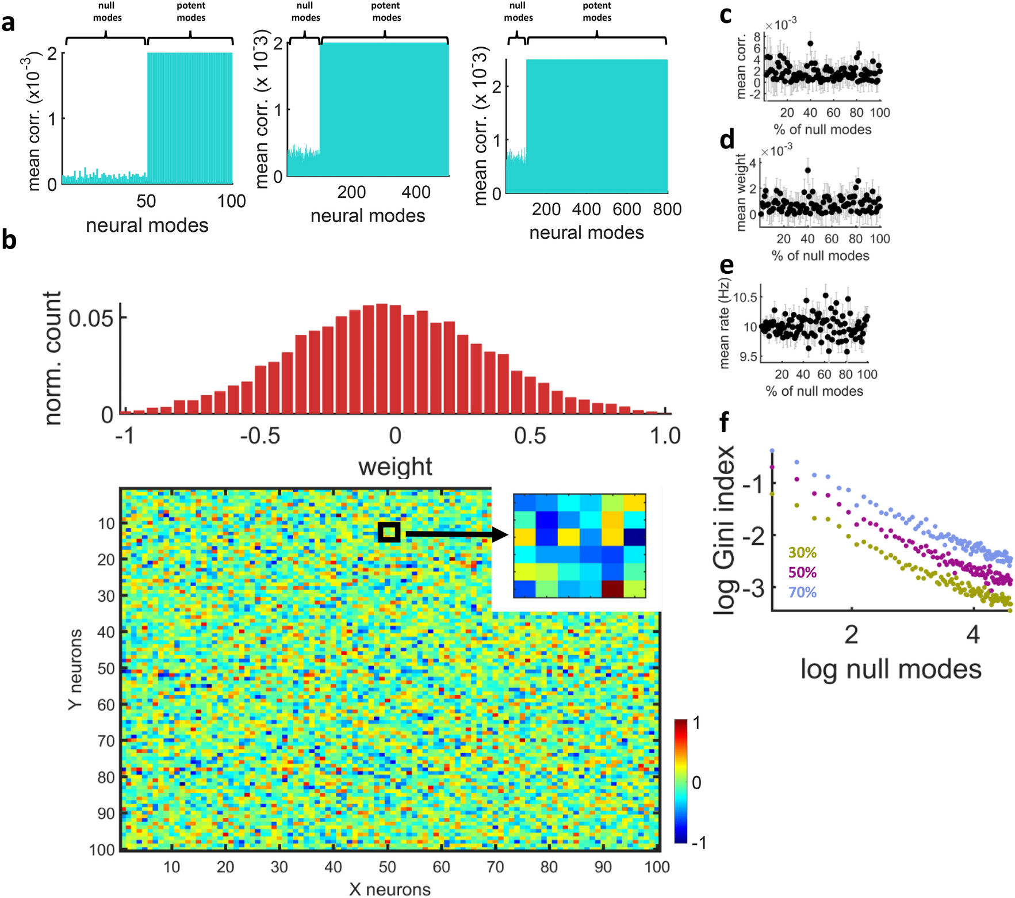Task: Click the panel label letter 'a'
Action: coord(8,24)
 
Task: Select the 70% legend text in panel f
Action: coord(802,592)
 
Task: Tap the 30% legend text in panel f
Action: coord(802,553)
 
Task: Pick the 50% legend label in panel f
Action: coord(802,572)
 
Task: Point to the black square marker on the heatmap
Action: coord(389,532)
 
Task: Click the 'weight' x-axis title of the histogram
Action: coord(395,466)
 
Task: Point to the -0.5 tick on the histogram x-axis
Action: coord(260,436)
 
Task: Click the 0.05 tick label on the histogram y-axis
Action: coord(91,318)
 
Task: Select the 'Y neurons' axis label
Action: coord(75,669)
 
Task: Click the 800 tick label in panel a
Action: coord(667,209)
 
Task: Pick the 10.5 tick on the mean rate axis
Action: coord(746,297)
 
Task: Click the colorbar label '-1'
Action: coord(699,843)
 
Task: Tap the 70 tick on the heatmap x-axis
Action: coord(495,867)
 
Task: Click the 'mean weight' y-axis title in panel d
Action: coord(741,192)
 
